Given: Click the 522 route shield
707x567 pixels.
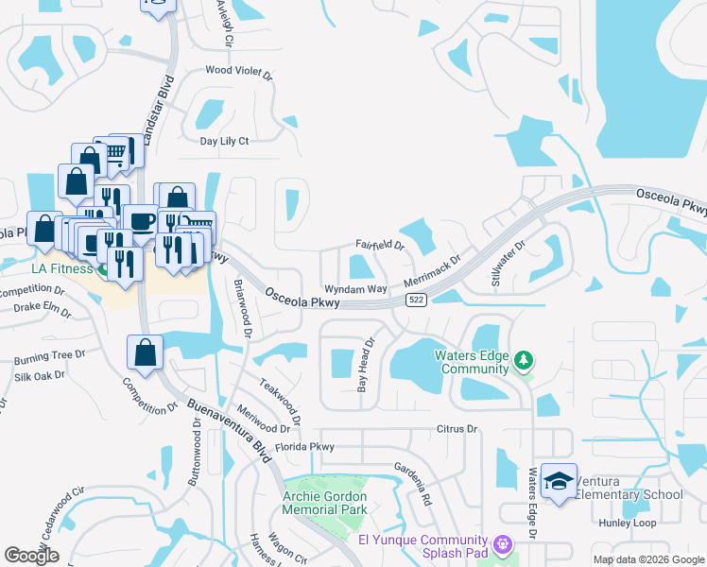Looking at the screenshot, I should tap(415, 300).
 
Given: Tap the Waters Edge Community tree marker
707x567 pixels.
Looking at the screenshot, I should tap(523, 360).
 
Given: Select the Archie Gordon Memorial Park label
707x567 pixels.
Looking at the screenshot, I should tap(325, 502).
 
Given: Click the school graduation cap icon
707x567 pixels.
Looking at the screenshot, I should tap(559, 481).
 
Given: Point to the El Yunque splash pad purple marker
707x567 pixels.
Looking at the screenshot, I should tap(502, 543).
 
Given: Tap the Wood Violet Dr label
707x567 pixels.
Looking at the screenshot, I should tap(238, 71).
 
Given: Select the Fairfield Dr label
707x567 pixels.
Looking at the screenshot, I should tap(379, 246).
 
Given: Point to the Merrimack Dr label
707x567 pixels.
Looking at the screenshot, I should tap(431, 270).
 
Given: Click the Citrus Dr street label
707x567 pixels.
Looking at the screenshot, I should tap(458, 429).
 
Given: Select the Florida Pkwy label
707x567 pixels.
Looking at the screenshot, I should tap(304, 446).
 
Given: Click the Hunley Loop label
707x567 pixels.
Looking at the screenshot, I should tap(627, 523).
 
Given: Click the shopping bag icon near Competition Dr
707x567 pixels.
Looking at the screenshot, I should tap(146, 354).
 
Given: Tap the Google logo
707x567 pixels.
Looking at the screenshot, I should tap(31, 556).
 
